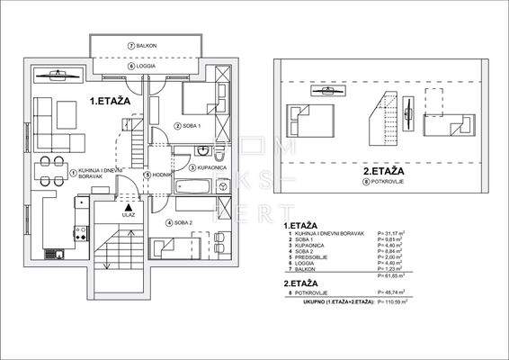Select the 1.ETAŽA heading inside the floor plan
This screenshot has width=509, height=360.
pyautogui.click(x=111, y=103)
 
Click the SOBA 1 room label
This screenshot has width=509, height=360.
pyautogui.click(x=191, y=125)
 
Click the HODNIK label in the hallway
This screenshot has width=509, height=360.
pyautogui.click(x=158, y=174)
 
